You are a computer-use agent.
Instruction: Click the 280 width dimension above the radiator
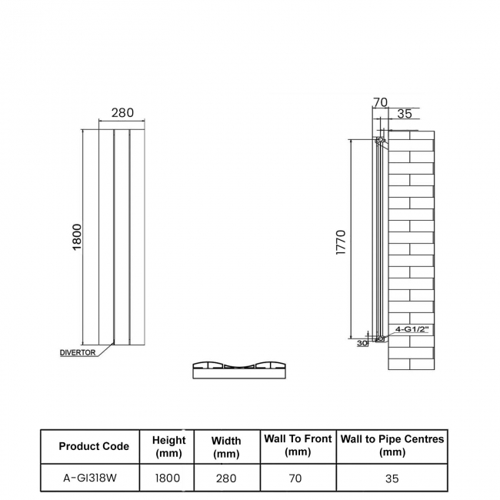click(x=122, y=112)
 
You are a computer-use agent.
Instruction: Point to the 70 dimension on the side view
click(x=380, y=101)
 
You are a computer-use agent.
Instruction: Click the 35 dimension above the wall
click(x=404, y=115)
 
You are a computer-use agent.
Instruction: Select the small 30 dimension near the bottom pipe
click(x=362, y=343)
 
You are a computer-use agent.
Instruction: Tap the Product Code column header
click(x=94, y=446)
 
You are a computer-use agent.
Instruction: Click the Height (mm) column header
click(x=168, y=446)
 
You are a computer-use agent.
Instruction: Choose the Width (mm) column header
click(x=226, y=446)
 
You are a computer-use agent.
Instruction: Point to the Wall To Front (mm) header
click(x=298, y=445)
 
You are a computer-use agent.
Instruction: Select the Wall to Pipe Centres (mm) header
click(x=392, y=445)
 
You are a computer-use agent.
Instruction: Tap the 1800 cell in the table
click(x=168, y=478)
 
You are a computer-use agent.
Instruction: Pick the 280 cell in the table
click(x=226, y=478)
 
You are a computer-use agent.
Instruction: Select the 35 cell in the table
click(x=392, y=478)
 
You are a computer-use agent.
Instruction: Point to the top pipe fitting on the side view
click(x=379, y=141)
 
